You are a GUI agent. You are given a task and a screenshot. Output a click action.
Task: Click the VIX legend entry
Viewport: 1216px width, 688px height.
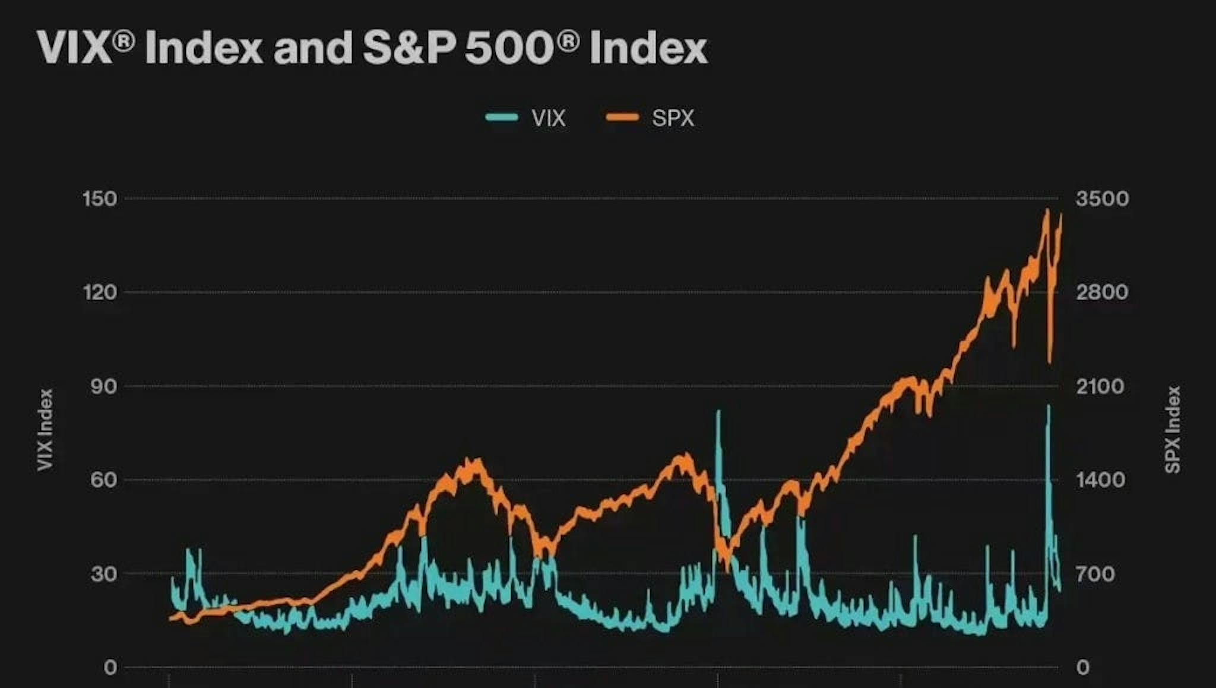526,118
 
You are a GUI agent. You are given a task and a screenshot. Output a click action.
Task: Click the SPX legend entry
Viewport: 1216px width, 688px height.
651,118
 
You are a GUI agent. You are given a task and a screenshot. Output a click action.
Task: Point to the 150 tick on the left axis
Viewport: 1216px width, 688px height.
100,199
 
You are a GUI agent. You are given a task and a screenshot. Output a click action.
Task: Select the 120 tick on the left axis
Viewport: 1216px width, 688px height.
100,292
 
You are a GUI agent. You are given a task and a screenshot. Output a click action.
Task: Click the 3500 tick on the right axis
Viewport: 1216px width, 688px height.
1102,199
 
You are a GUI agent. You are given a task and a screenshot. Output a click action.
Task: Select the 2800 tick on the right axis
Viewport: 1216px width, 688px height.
1102,292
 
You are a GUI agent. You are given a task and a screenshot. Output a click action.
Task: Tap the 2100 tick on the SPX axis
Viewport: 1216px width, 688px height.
1100,387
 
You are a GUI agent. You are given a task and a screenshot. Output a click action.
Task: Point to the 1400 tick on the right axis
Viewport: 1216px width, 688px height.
1100,480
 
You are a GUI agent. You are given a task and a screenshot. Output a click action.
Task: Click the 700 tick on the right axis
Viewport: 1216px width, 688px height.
1096,574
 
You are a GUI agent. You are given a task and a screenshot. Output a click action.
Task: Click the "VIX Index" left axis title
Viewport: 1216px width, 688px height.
45,430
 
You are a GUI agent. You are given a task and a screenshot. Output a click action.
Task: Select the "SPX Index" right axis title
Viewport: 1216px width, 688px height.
1172,430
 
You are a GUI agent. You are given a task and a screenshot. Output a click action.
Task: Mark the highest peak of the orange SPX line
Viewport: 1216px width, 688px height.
1047,210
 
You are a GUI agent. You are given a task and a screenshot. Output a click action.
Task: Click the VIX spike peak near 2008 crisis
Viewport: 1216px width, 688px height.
718,411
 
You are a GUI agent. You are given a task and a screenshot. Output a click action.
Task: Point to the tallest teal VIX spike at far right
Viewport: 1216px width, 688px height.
1049,406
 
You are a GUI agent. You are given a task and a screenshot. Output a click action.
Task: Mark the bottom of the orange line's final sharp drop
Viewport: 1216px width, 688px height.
1050,362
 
